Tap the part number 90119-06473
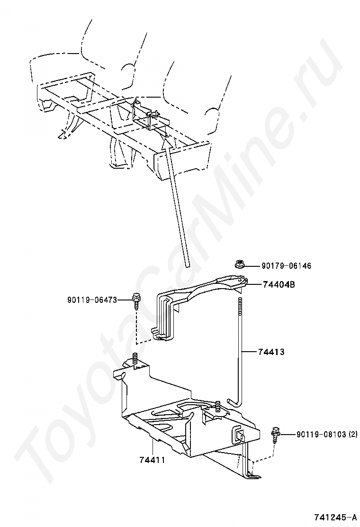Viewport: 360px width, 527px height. click(x=92, y=300)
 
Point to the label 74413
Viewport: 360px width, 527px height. click(x=271, y=352)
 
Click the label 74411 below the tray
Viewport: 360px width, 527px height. click(x=152, y=459)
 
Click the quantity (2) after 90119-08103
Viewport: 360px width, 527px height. click(x=353, y=434)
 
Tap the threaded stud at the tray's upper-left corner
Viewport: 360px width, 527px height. click(x=135, y=359)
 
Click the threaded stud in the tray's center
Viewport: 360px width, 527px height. click(x=217, y=407)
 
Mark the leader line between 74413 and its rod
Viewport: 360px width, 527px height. click(x=250, y=352)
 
